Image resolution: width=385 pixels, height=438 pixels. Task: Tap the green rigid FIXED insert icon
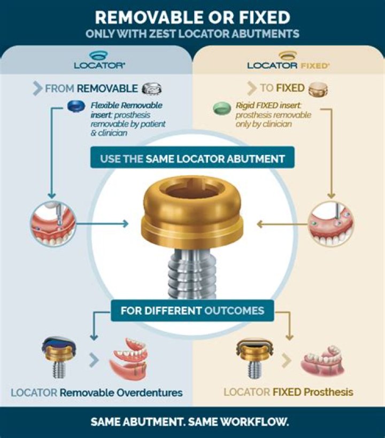click(x=218, y=109)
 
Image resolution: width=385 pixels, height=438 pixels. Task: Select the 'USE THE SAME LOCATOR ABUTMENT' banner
click(x=192, y=159)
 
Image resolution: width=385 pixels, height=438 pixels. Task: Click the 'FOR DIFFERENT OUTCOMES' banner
click(x=192, y=310)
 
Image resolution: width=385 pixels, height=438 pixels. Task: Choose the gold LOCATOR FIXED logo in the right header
click(x=288, y=61)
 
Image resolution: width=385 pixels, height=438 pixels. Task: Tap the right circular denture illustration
click(x=332, y=223)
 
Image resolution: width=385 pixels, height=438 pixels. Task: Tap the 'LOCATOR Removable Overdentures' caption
click(x=97, y=393)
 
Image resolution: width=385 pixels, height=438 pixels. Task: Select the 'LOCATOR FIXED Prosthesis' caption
click(x=288, y=392)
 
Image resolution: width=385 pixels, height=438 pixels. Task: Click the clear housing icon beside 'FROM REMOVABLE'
click(x=152, y=89)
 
